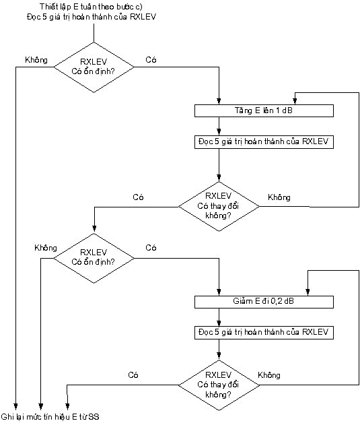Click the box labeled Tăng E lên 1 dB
click(264, 110)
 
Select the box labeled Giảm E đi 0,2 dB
click(264, 302)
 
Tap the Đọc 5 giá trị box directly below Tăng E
click(264, 142)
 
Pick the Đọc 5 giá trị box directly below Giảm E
click(264, 332)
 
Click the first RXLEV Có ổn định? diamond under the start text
click(94, 67)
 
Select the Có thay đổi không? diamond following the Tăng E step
click(219, 206)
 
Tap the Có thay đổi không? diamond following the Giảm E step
click(219, 385)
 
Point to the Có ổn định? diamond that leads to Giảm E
click(94, 258)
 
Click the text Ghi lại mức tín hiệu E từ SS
click(50, 416)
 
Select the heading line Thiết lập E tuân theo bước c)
click(91, 7)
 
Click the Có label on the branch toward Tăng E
click(151, 60)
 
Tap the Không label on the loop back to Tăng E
click(279, 197)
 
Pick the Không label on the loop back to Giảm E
click(269, 375)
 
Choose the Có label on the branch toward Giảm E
click(151, 248)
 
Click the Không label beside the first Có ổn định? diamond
click(36, 60)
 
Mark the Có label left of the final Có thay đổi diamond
click(133, 375)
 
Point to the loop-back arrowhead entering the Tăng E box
click(295, 102)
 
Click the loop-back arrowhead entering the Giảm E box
click(308, 292)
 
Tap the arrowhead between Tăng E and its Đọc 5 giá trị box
click(219, 133)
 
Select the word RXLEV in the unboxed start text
click(143, 17)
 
